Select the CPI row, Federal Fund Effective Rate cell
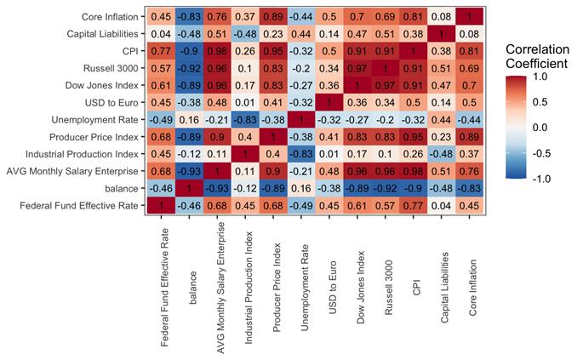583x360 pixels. (161, 50)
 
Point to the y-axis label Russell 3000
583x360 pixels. (115, 67)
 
